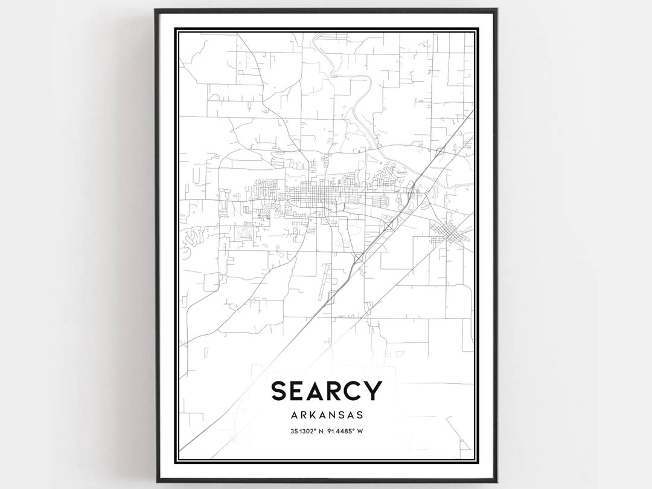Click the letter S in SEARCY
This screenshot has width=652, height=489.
(280, 390)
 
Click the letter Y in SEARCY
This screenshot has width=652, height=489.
(376, 390)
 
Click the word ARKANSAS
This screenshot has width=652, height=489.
(327, 415)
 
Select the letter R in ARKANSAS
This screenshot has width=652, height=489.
(302, 415)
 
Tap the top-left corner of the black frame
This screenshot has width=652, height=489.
(156, 10)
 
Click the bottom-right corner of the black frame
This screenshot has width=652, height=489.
(496, 481)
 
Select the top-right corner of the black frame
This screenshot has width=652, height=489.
(496, 10)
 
